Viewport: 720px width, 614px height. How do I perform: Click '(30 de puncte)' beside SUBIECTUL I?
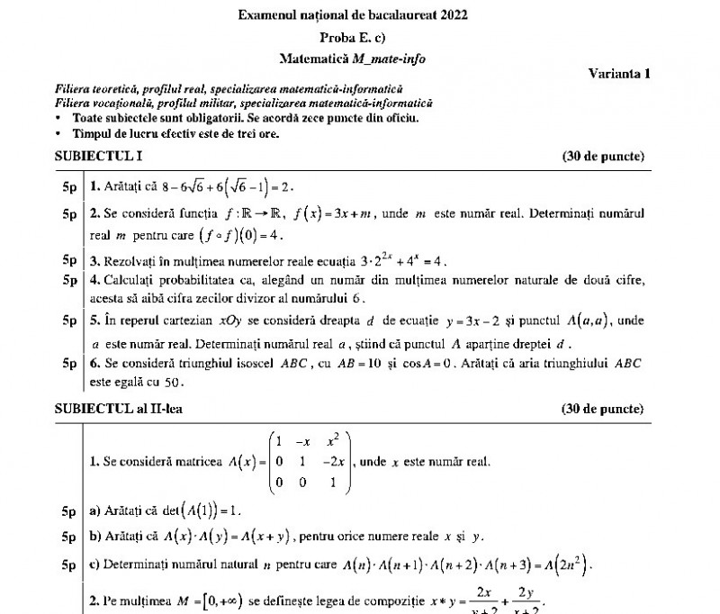[x=603, y=156]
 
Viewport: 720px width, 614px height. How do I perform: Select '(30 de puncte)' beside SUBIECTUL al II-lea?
[x=603, y=408]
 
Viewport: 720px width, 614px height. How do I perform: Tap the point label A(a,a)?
[x=591, y=320]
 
